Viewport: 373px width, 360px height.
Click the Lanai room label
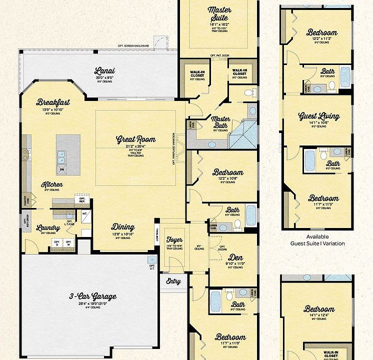point(104,70)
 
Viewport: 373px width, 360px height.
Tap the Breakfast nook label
point(53,102)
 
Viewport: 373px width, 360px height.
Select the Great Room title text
point(135,139)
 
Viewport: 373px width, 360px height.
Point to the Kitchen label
point(52,184)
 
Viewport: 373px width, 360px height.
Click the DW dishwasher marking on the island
point(62,170)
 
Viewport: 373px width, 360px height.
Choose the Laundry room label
point(48,228)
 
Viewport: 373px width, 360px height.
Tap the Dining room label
point(122,226)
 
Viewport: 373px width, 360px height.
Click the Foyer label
point(173,240)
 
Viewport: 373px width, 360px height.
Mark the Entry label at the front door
point(173,281)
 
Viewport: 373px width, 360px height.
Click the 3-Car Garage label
point(92,296)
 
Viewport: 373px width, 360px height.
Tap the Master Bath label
point(220,122)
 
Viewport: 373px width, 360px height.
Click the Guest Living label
point(318,116)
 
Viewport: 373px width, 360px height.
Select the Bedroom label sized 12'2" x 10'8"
point(227,172)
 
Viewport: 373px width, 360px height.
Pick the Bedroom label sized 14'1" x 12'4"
point(318,309)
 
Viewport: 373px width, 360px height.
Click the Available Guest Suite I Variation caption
point(318,240)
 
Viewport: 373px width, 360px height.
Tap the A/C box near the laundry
point(84,213)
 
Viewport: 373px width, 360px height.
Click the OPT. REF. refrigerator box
point(82,199)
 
